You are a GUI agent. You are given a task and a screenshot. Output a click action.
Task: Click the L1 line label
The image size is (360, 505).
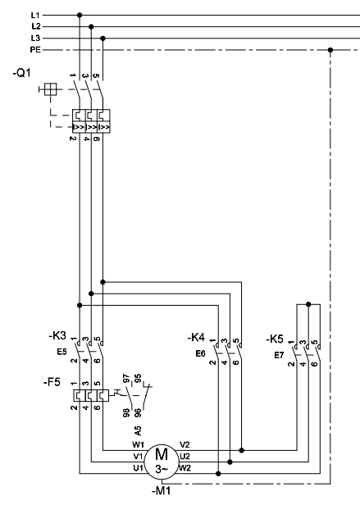(35, 15)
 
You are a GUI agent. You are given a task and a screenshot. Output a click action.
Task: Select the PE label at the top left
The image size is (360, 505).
(35, 50)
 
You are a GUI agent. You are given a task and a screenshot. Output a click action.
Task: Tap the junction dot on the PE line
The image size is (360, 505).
(330, 50)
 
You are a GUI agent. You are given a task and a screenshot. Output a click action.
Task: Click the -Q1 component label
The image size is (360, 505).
(22, 73)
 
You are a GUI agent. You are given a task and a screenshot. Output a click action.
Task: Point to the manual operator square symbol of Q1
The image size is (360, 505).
(50, 89)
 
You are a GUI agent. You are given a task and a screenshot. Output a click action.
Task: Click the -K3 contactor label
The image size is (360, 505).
(57, 336)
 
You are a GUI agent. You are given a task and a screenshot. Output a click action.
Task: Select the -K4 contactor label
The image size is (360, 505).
(196, 338)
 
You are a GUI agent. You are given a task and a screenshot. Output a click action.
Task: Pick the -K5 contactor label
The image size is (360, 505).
(275, 339)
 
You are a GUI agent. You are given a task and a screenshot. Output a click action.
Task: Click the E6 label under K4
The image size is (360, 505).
(200, 353)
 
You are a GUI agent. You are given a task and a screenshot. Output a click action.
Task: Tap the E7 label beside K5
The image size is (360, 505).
(279, 355)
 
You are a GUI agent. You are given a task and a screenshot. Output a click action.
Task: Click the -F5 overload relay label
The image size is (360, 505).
(52, 382)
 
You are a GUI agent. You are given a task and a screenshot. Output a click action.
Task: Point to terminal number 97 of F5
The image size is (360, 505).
(126, 379)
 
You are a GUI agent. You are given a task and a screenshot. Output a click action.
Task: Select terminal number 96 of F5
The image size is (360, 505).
(137, 413)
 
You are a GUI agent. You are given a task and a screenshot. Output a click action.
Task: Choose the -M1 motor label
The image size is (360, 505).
(162, 491)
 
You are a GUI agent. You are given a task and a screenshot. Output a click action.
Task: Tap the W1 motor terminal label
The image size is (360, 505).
(138, 445)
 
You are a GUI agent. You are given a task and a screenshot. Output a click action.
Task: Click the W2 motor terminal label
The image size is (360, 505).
(185, 467)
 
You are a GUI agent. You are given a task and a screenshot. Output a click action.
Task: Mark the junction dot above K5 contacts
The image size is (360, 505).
(308, 304)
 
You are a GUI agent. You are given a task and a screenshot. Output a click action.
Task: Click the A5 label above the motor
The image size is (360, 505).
(138, 430)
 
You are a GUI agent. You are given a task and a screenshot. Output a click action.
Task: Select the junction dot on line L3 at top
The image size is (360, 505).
(103, 39)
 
